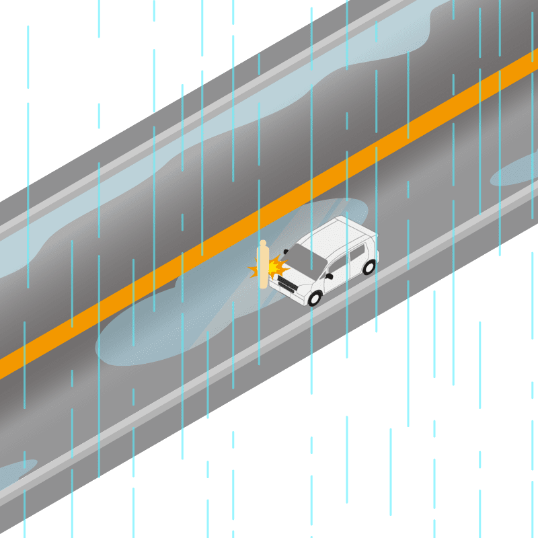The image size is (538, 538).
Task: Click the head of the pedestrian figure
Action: [263, 243]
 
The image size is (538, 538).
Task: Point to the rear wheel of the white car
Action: [369, 267]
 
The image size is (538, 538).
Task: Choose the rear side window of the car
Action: [356, 252]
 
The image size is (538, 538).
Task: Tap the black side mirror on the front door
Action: [329, 276]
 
